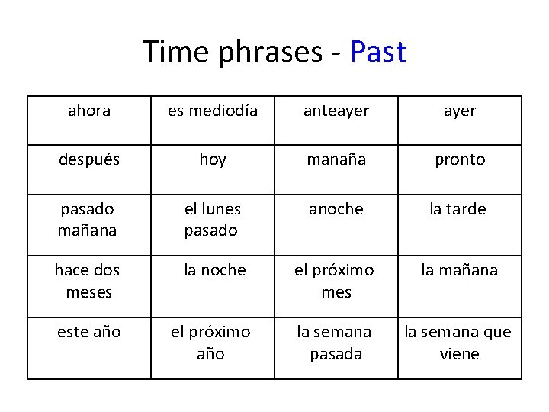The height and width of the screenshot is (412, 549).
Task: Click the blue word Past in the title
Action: click(x=377, y=52)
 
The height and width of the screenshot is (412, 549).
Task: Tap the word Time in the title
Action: click(x=174, y=52)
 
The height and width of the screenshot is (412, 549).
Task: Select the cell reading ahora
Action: click(x=89, y=111)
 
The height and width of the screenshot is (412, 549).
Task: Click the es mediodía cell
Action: click(x=213, y=111)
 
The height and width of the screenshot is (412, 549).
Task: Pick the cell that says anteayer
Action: click(x=336, y=111)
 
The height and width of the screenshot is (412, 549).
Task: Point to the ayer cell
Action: click(x=460, y=111)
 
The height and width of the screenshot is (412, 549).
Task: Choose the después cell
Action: click(x=89, y=159)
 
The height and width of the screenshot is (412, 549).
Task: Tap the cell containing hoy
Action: click(x=213, y=159)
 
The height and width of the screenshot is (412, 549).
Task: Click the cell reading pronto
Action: click(x=460, y=159)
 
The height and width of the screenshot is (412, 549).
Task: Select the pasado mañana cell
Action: click(x=89, y=220)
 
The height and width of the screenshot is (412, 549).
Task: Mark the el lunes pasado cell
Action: click(x=213, y=220)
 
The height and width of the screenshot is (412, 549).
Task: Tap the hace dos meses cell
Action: click(x=89, y=281)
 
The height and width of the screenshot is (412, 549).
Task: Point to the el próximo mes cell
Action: click(x=336, y=281)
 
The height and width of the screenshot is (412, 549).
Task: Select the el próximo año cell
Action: click(x=213, y=343)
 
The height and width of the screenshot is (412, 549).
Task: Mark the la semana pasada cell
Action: click(x=336, y=343)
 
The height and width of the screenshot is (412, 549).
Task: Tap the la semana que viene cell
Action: click(x=460, y=343)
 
